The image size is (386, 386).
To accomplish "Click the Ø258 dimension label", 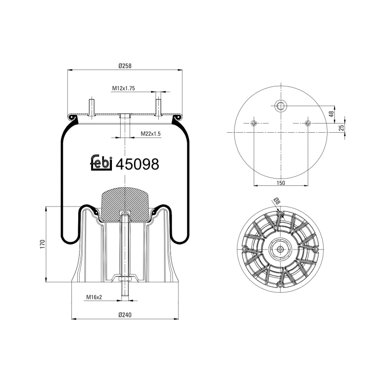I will click(x=125, y=66).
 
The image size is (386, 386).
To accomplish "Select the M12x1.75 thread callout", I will click(x=123, y=88).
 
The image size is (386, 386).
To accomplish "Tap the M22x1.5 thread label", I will click(x=151, y=133).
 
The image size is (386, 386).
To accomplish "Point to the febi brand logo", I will click(x=101, y=163).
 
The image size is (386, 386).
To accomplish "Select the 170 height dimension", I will click(x=42, y=244).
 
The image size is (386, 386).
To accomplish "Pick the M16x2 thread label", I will click(x=94, y=297).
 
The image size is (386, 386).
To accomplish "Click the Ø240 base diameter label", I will click(x=125, y=315).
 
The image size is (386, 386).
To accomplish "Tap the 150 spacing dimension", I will click(x=281, y=182).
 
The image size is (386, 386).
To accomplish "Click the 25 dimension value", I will click(x=341, y=128).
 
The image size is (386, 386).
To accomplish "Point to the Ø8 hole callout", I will click(x=276, y=201).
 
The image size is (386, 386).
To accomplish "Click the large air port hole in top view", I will click(x=280, y=105).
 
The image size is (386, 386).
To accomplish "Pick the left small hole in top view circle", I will click(x=254, y=124).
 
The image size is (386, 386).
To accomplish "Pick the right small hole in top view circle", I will click(x=307, y=124).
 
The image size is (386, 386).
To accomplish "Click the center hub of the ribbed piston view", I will click(x=280, y=249).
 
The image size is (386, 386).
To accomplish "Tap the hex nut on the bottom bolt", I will click(x=124, y=279).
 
